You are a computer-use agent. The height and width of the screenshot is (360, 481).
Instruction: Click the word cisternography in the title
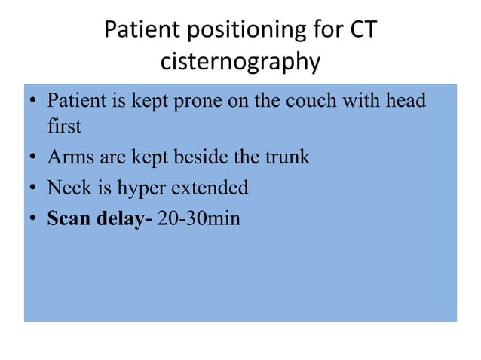pyautogui.click(x=240, y=62)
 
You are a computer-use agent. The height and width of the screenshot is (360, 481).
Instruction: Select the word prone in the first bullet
pyautogui.click(x=197, y=101)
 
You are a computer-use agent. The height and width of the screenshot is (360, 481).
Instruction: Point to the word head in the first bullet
pyautogui.click(x=407, y=100)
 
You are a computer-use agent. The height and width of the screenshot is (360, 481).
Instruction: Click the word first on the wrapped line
pyautogui.click(x=64, y=127)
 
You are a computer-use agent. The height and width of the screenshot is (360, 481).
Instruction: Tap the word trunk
pyautogui.click(x=288, y=157)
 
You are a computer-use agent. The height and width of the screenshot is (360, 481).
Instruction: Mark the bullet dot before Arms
pyautogui.click(x=33, y=159)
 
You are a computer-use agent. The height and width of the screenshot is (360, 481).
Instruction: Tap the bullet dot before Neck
pyautogui.click(x=33, y=188)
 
